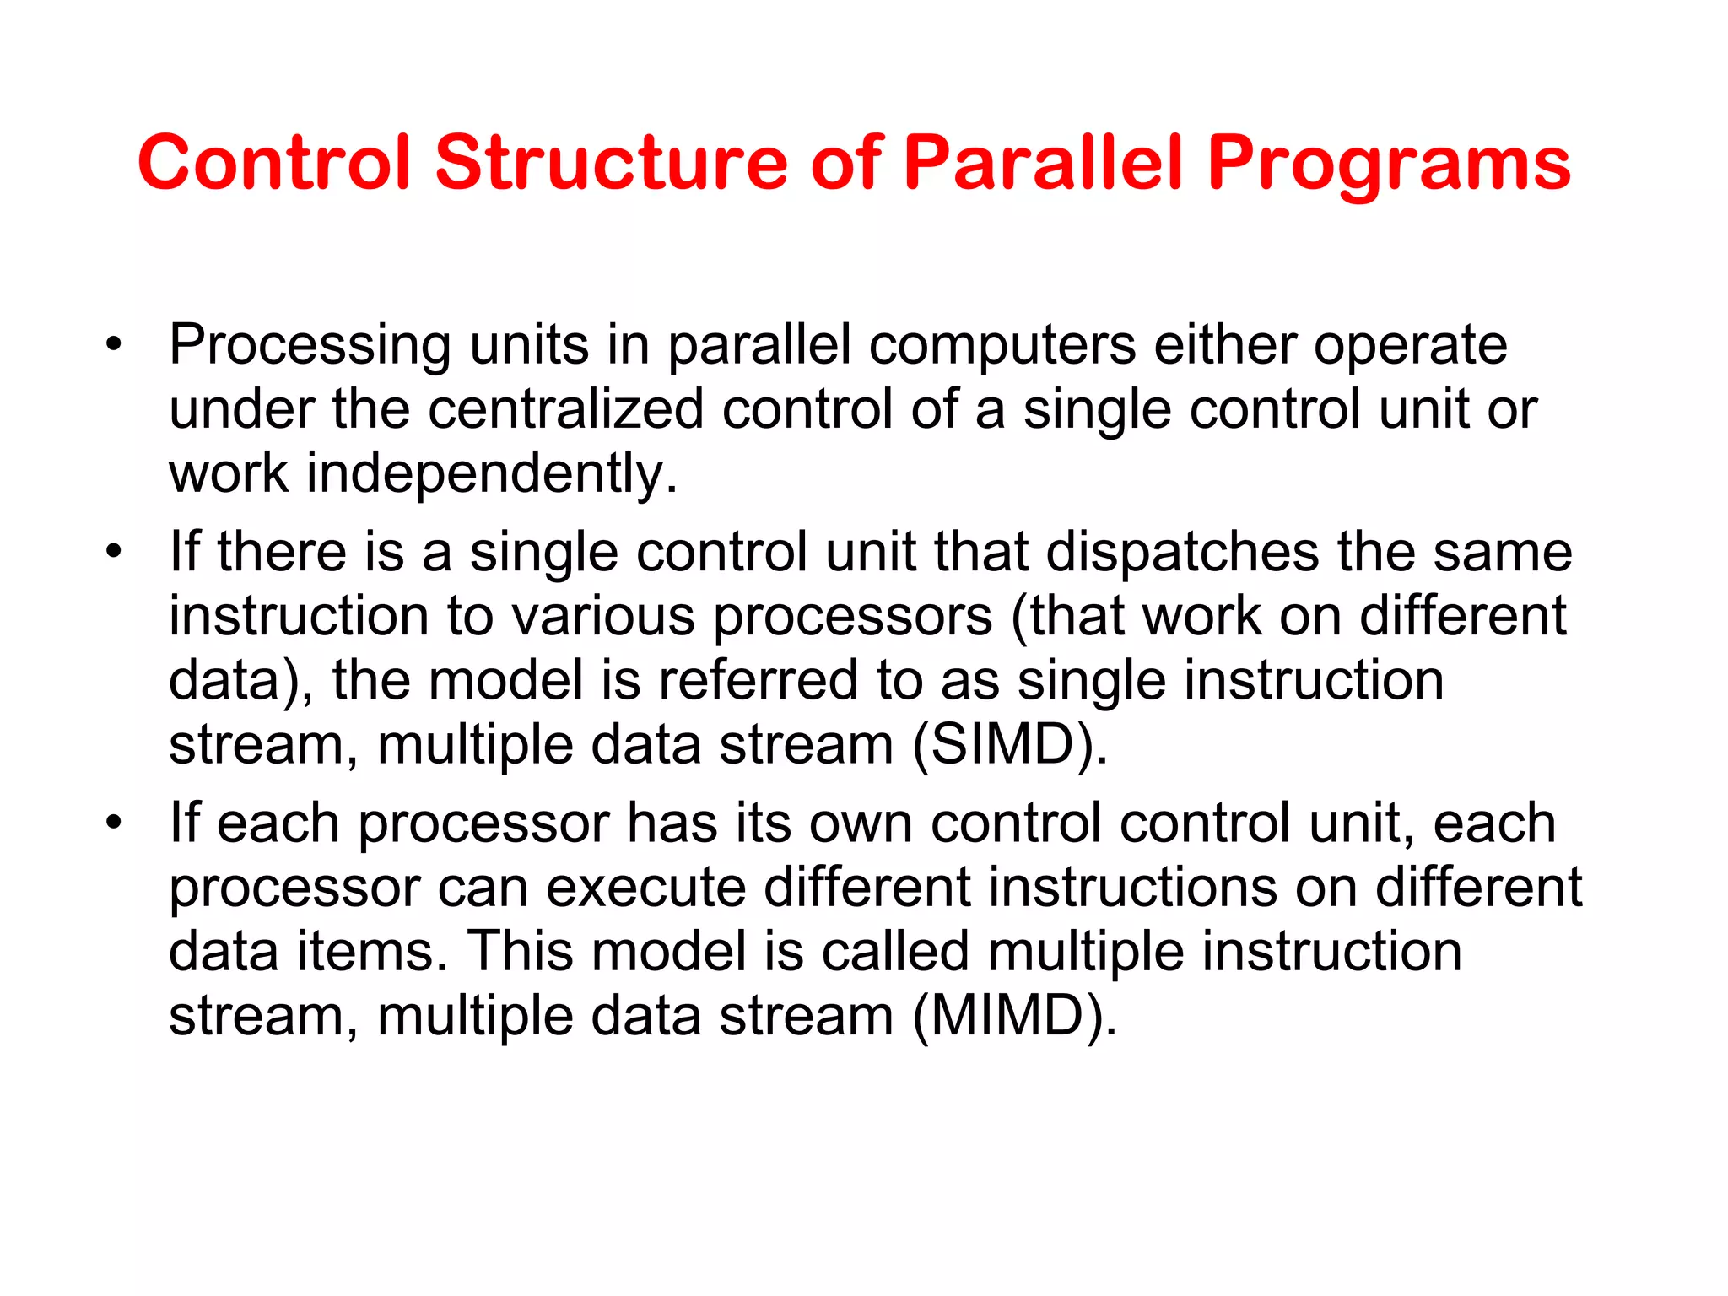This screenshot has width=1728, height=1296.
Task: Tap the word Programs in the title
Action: (1389, 165)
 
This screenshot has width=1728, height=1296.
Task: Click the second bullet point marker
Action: (114, 552)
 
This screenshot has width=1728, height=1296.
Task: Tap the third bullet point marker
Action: (114, 823)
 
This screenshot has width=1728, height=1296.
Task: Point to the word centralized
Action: (565, 409)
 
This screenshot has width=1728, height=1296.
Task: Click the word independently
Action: (491, 474)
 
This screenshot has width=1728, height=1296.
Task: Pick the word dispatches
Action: (1182, 552)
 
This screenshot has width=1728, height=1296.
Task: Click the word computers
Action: (1002, 346)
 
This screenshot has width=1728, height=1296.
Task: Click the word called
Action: (894, 952)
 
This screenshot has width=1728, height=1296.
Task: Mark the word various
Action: (603, 616)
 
